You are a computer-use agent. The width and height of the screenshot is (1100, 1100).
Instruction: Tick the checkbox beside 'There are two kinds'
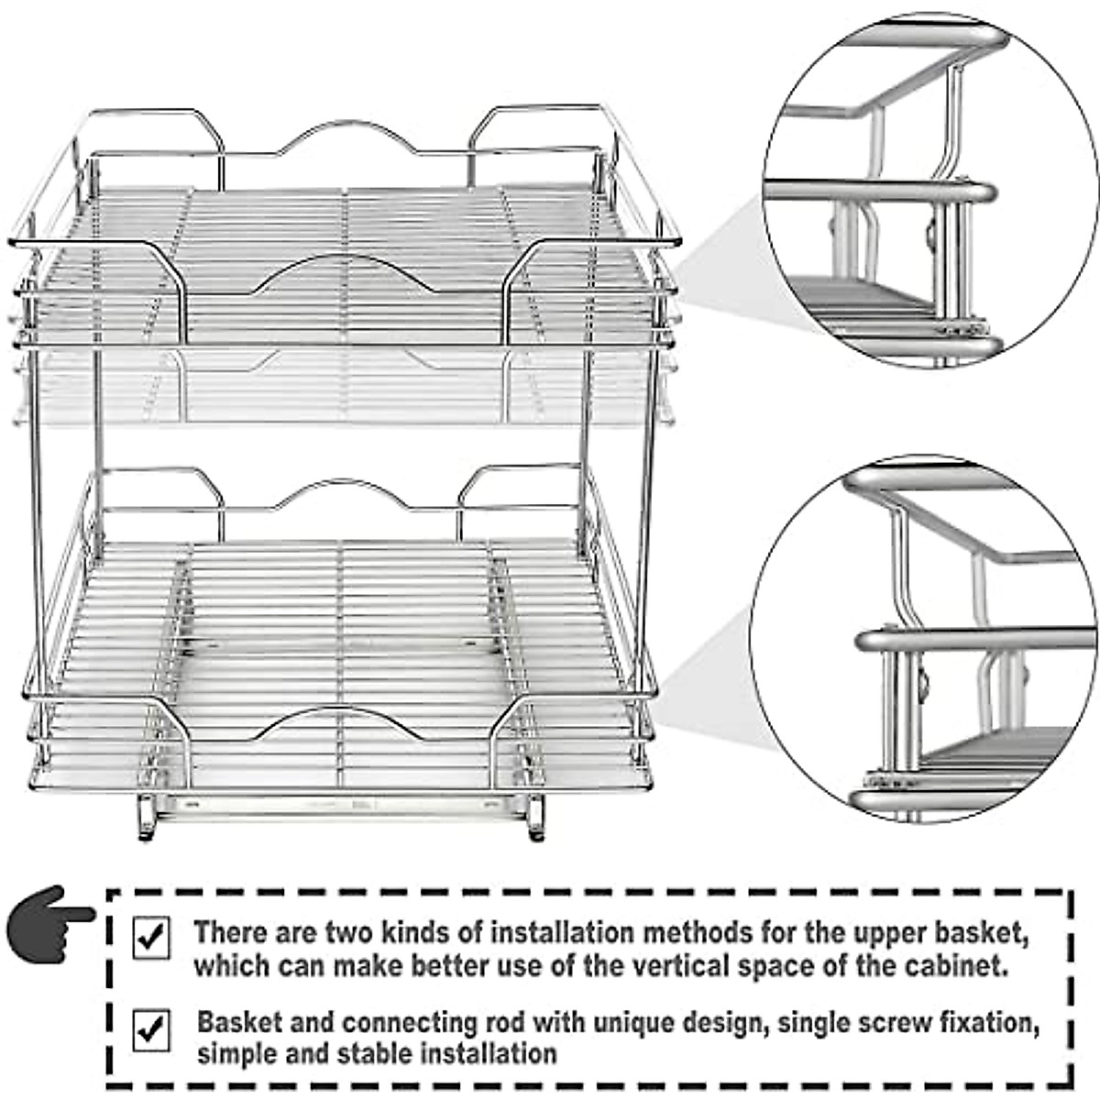(x=151, y=938)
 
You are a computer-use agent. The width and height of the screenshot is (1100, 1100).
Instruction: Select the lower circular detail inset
(x=926, y=646)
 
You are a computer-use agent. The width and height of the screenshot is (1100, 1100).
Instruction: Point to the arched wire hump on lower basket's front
(x=341, y=720)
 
